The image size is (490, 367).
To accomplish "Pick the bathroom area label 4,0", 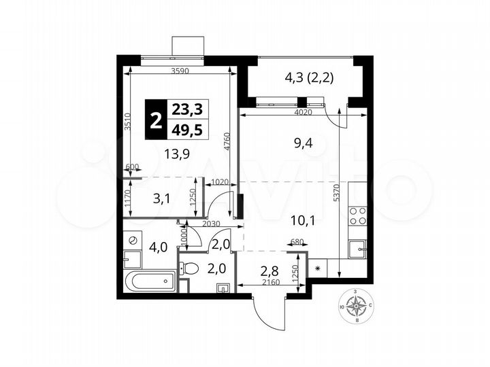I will pos(157,247).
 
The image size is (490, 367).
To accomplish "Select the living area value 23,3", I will pos(191,109).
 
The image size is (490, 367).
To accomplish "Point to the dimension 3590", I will pos(180,71).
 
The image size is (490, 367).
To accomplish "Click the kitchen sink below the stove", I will pos(357,249).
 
